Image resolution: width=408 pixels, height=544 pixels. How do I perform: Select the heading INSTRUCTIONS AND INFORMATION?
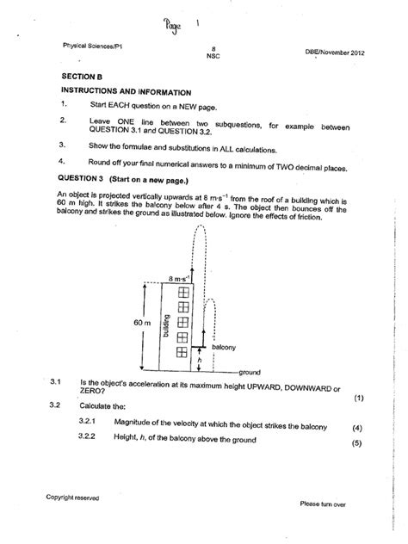pyautogui.click(x=126, y=91)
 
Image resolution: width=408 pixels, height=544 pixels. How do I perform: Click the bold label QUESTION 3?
pyautogui.click(x=85, y=176)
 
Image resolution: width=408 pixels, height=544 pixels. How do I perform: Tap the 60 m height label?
pyautogui.click(x=143, y=321)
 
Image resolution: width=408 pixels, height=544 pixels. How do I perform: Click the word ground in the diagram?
pyautogui.click(x=250, y=371)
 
